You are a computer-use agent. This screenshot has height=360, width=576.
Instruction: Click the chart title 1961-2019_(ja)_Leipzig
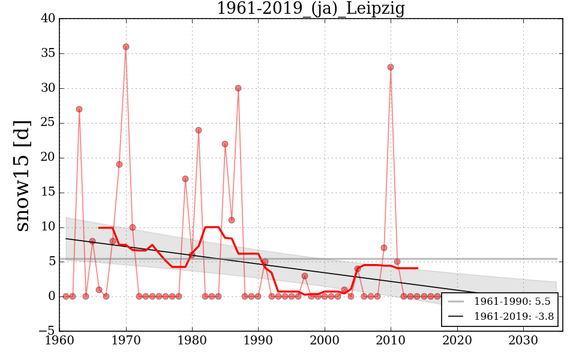click(310, 9)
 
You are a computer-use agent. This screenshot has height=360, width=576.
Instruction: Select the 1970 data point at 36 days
click(126, 47)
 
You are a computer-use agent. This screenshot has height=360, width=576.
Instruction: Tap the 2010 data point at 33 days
click(391, 67)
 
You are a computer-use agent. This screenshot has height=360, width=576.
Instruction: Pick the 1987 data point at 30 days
click(238, 88)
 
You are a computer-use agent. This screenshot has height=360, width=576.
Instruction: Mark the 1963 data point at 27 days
click(79, 109)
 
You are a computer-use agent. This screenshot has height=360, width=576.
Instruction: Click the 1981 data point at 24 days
click(199, 130)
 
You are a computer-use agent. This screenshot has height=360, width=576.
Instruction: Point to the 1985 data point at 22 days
click(225, 144)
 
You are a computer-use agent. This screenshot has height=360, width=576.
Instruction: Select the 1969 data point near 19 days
click(119, 164)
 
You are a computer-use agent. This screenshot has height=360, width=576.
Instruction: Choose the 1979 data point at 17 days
click(185, 179)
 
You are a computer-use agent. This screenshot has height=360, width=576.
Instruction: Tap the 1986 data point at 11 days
click(232, 220)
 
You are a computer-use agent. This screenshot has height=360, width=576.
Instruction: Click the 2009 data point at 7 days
click(384, 248)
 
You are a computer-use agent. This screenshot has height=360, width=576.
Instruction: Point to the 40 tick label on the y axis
click(49, 19)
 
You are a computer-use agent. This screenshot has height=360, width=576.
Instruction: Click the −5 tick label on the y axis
click(47, 331)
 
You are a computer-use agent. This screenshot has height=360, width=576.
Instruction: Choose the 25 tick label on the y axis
click(49, 123)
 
